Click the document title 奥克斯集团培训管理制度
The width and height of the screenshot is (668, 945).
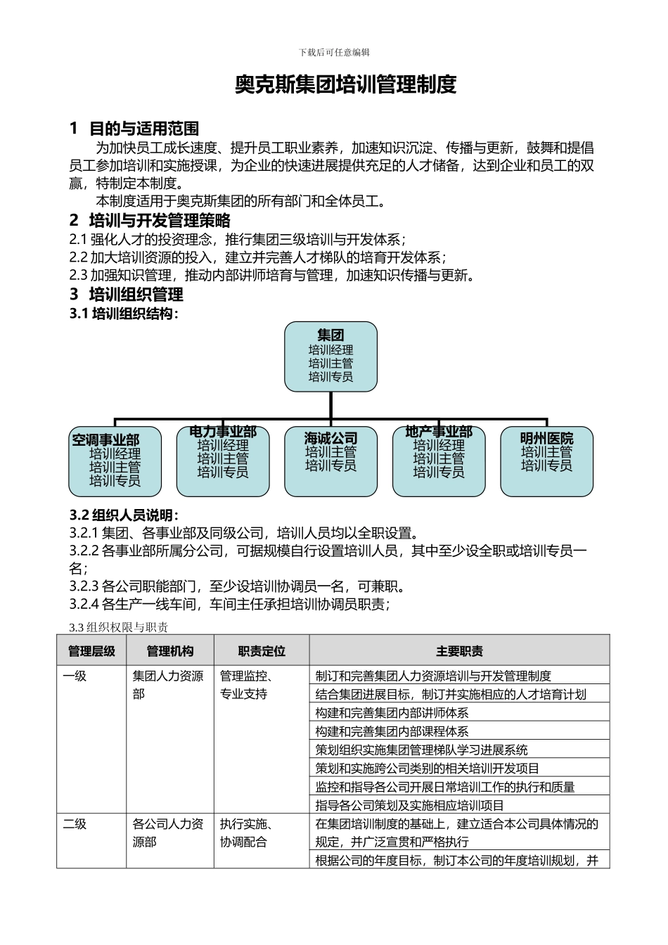click(x=345, y=85)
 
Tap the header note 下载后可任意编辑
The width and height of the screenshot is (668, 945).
click(x=334, y=53)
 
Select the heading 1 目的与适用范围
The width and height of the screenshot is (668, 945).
click(x=134, y=129)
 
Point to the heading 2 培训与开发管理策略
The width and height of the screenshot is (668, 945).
click(x=150, y=221)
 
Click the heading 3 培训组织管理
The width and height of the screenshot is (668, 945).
click(x=127, y=295)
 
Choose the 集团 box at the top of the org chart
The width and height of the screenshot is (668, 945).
click(x=330, y=356)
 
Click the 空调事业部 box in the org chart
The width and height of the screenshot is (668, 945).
click(x=115, y=461)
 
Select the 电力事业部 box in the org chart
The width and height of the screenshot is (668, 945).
click(x=223, y=461)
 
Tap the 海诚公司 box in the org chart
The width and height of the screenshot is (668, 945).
click(x=330, y=461)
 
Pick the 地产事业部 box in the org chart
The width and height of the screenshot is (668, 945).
click(x=439, y=461)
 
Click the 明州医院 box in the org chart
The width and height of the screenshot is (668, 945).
click(x=546, y=461)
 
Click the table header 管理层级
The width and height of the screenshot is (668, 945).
click(x=91, y=651)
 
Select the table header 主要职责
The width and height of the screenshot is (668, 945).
click(x=459, y=651)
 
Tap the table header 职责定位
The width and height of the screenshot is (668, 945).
click(x=262, y=651)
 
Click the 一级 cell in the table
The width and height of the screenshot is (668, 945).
click(x=75, y=676)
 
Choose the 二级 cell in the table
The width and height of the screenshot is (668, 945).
click(x=75, y=824)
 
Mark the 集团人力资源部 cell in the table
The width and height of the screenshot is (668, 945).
click(x=168, y=685)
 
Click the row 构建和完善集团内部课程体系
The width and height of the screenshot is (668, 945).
click(x=392, y=732)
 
